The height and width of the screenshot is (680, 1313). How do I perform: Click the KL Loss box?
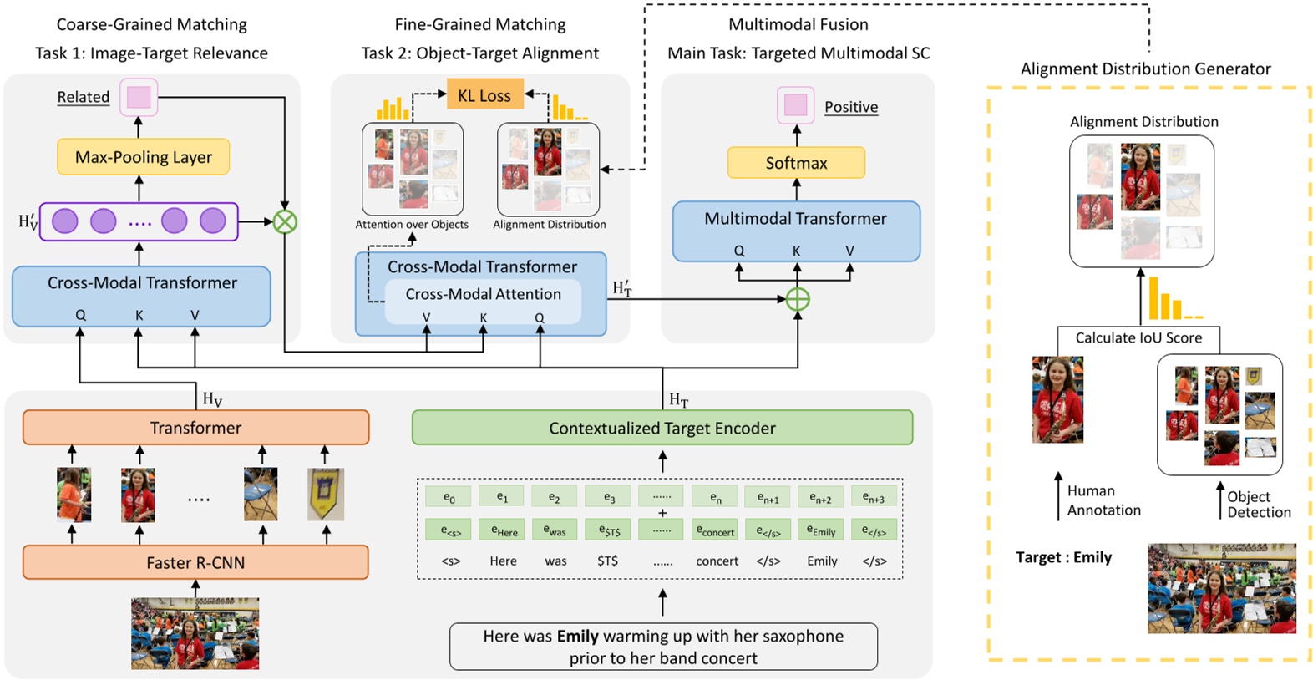[484, 95]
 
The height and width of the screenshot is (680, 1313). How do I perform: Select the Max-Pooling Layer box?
[143, 157]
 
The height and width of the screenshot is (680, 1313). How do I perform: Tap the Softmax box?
[796, 163]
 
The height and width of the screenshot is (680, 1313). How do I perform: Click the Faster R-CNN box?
[195, 562]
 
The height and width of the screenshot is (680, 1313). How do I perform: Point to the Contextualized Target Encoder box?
[662, 428]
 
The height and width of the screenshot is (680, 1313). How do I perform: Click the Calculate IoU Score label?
[1138, 337]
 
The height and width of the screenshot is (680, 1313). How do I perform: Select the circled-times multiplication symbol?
[285, 222]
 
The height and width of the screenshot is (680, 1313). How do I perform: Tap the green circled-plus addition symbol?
[798, 299]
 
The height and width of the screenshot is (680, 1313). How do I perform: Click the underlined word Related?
[83, 97]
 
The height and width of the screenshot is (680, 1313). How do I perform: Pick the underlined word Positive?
[850, 107]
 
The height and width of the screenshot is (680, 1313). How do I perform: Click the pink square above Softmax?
[796, 105]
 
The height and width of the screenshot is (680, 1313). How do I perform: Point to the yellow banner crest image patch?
[326, 494]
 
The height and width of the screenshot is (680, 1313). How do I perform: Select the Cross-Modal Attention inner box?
[483, 294]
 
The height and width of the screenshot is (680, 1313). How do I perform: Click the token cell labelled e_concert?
[715, 530]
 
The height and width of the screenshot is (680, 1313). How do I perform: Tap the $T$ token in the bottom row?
[608, 561]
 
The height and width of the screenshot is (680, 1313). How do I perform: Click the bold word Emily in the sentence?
[578, 636]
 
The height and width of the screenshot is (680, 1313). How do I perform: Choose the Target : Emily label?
[1063, 557]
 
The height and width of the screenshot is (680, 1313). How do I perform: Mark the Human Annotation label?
[1103, 500]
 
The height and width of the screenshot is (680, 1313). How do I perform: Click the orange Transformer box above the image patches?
[195, 428]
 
